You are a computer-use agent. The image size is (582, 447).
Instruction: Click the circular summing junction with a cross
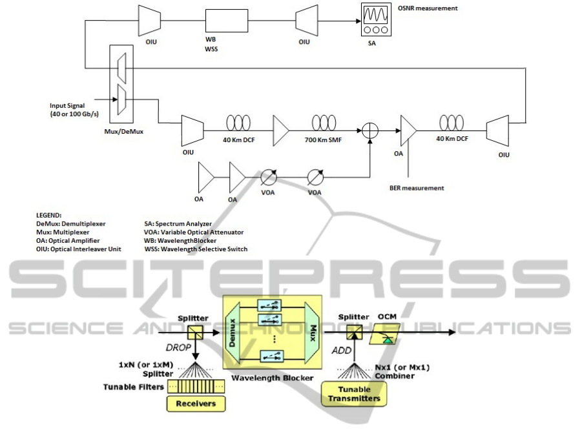pos(369,129)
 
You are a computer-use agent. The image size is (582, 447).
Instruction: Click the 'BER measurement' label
pos(417,188)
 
